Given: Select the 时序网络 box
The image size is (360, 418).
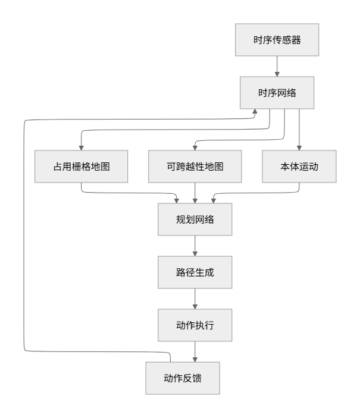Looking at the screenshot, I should coord(277,93).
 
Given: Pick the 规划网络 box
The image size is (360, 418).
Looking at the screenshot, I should coord(195,219).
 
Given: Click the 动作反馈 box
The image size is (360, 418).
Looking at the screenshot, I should coord(183,378).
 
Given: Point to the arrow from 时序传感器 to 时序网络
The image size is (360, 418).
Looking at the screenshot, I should coord(277,67).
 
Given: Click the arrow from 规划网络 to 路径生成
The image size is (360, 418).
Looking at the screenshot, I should coord(195,246).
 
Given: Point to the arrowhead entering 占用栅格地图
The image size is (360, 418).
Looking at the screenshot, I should coord(82,147).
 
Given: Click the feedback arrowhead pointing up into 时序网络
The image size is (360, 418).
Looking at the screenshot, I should coord(255,112).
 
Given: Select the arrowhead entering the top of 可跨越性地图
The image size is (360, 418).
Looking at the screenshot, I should coord(195,147).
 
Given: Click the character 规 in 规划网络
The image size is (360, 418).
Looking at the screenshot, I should coord(180,219).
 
